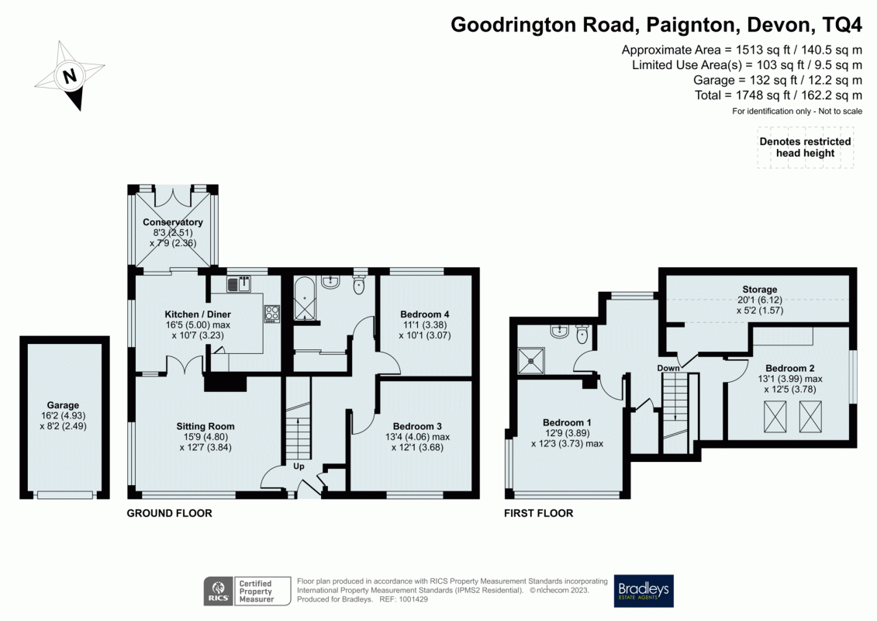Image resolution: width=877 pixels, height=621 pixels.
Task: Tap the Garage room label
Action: tap(63, 405)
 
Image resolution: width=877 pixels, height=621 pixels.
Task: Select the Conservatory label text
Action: tap(172, 223)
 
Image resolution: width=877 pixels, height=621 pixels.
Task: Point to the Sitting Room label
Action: tap(205, 426)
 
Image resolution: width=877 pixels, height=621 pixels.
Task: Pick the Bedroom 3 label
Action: tap(417, 426)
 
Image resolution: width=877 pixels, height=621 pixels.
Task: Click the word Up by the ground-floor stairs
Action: tap(299, 467)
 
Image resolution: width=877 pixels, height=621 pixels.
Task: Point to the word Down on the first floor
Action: tap(668, 368)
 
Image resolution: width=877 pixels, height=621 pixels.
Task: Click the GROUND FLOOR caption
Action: tap(169, 513)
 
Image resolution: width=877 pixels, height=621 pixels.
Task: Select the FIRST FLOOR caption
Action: tap(538, 513)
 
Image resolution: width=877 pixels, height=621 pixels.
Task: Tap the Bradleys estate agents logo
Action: tap(644, 592)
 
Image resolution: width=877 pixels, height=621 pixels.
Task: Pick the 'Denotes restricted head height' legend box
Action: tap(805, 147)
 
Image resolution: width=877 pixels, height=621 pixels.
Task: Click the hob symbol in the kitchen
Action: tap(272, 314)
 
